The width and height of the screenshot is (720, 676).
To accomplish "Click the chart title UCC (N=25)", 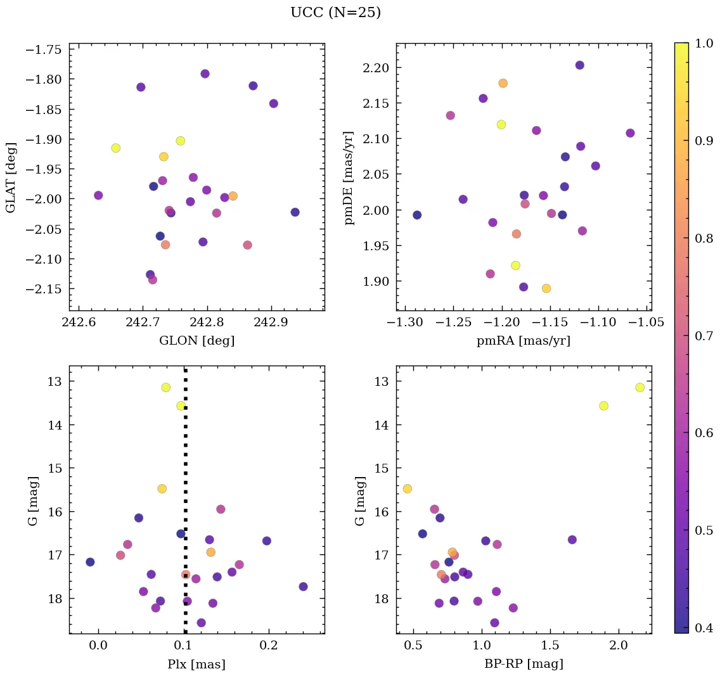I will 335,13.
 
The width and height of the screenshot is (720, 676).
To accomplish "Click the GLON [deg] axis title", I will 196,341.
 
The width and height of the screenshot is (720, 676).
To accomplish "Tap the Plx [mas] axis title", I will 196,664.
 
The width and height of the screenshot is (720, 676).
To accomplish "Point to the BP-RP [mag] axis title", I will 524,664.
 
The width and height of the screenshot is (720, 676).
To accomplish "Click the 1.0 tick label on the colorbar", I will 704,43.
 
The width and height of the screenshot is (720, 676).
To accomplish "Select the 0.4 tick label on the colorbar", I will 704,628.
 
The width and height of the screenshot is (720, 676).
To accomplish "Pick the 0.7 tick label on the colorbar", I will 704,336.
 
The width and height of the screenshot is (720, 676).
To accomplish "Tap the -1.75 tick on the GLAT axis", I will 42,49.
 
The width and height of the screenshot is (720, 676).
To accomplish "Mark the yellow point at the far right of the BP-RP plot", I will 640,387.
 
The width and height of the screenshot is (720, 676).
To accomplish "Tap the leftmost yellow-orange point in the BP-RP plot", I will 407,488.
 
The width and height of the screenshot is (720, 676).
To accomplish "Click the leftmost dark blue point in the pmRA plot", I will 417,215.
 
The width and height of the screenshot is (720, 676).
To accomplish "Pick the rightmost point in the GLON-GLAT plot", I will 295,212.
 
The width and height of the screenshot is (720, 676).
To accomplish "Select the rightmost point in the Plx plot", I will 303,587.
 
